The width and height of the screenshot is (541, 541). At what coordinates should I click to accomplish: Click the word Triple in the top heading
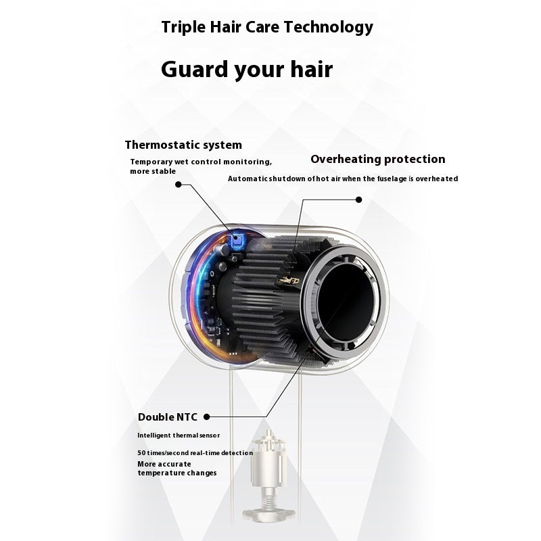183,28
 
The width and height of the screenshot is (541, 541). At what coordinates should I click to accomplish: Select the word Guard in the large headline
195,69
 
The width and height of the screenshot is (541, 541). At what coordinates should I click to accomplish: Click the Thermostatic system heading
183,145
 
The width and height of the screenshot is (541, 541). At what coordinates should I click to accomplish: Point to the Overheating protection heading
378,159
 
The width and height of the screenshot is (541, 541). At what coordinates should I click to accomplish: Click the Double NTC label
167,417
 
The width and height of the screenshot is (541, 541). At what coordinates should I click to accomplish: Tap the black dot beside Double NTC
207,417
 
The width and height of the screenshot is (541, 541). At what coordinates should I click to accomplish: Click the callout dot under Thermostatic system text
179,185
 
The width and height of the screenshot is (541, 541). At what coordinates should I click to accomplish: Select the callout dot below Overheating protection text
359,199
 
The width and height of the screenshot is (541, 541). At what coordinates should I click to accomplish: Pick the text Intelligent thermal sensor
179,436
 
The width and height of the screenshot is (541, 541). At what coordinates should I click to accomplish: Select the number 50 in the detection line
141,452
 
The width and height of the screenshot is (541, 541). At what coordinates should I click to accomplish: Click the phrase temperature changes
177,473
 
